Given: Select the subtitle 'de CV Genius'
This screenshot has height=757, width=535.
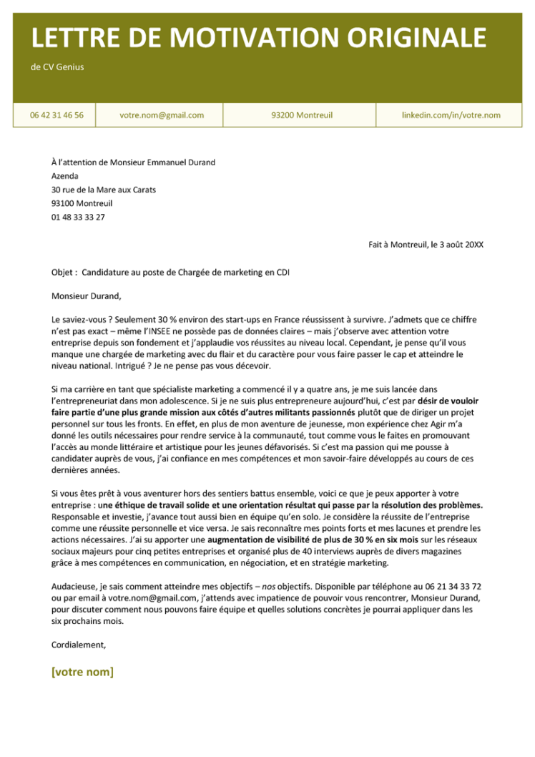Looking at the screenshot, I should (57, 67).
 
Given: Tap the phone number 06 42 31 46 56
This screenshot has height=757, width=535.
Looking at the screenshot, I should (57, 115).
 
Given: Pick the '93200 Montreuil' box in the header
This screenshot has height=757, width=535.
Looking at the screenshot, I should (302, 115).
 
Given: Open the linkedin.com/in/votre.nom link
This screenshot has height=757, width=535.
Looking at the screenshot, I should (451, 115).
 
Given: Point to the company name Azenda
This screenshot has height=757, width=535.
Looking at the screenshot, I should (65, 176).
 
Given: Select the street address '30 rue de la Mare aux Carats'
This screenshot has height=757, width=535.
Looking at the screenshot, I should (104, 190).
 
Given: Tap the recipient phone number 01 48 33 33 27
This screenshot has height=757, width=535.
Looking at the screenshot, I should (78, 217).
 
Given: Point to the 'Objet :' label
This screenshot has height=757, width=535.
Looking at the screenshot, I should (65, 273).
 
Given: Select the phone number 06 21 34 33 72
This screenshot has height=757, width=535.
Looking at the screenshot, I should (452, 586).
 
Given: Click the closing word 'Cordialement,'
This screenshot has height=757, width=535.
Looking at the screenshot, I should (79, 644).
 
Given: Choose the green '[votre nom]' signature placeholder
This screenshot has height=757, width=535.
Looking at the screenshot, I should (82, 672).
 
